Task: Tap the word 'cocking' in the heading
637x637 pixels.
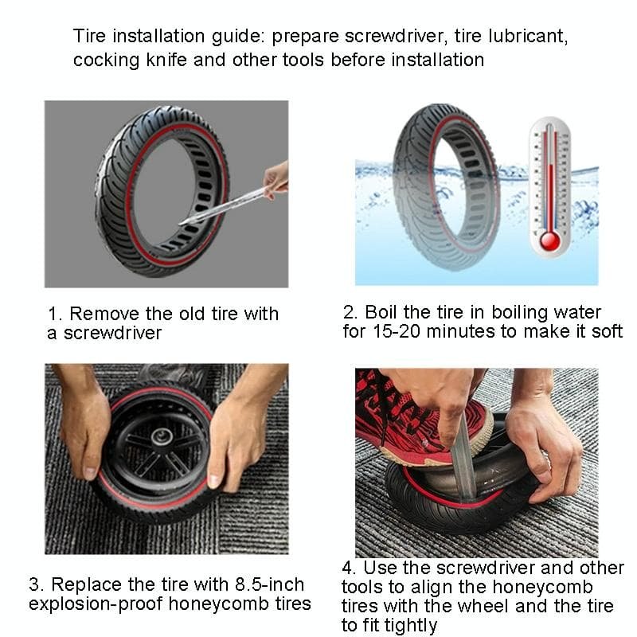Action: click(x=107, y=61)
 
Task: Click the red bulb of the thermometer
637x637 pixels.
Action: click(x=549, y=240)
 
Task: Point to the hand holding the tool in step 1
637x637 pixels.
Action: click(x=276, y=179)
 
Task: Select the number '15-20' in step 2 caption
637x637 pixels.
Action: click(x=396, y=331)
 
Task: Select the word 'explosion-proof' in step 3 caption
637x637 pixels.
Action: click(x=96, y=604)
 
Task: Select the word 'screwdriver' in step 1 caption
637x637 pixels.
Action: click(x=112, y=333)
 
